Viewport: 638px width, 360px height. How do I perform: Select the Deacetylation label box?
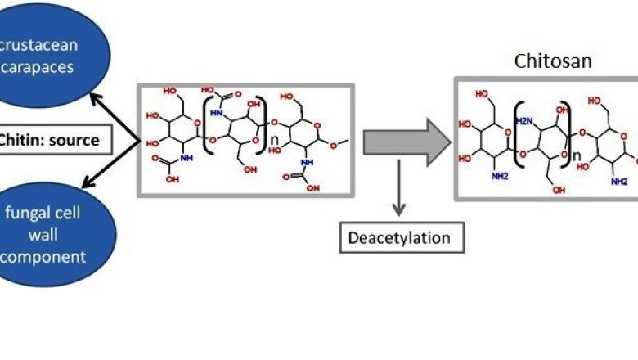[401, 238]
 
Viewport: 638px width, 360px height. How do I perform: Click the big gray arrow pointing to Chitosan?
[406, 140]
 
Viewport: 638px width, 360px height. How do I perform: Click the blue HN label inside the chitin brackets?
[217, 114]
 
